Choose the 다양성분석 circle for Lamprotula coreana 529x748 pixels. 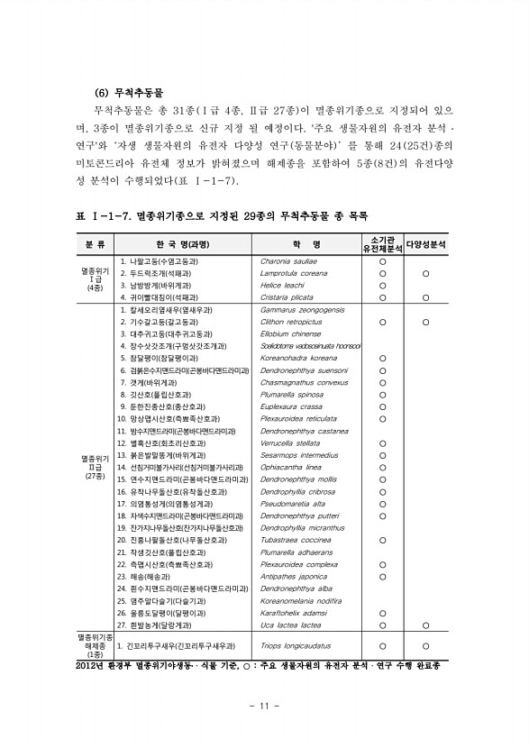(424, 272)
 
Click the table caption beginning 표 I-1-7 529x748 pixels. (222, 216)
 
